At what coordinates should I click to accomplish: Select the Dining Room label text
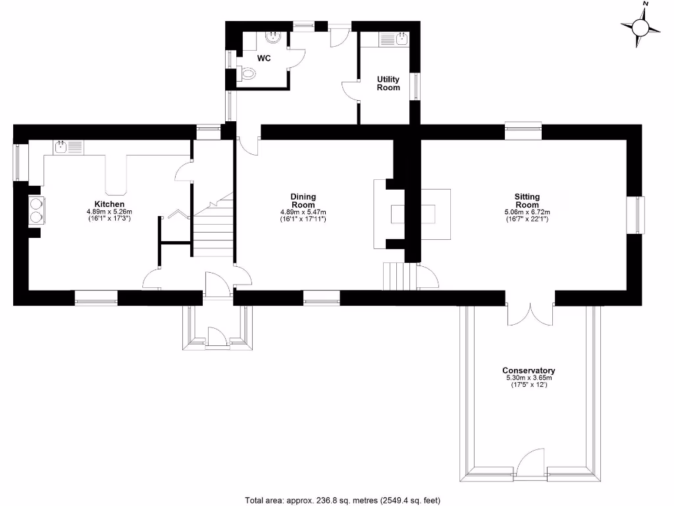303,200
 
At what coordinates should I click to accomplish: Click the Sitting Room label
527,200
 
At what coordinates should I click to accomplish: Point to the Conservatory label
529,370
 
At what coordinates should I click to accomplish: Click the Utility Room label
388,83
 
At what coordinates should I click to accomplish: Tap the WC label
264,58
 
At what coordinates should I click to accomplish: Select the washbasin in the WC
272,38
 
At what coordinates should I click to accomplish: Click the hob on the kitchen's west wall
35,210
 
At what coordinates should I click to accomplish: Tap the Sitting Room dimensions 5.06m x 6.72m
527,211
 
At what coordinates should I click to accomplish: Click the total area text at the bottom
342,499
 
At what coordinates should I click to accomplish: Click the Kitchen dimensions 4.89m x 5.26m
109,211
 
